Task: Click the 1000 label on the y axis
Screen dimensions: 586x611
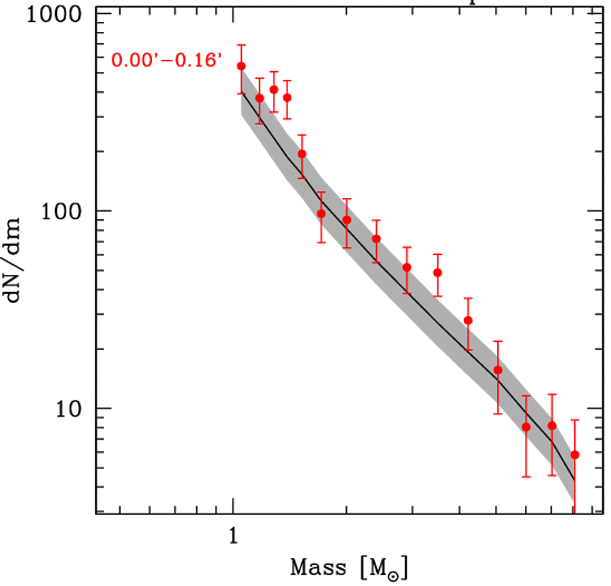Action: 50,14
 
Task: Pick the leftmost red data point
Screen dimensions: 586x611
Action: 242,66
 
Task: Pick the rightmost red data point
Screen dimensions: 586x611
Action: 575,455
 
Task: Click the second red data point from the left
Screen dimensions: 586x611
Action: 260,98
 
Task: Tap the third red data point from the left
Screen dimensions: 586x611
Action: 274,89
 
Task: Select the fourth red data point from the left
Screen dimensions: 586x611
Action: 287,97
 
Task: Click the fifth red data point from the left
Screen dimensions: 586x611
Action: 302,154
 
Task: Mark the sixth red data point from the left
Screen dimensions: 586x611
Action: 321,214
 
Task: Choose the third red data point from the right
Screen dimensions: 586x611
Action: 526,427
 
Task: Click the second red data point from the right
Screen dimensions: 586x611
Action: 552,425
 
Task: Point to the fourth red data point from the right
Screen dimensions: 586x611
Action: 498,370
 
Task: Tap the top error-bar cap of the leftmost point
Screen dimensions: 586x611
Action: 242,45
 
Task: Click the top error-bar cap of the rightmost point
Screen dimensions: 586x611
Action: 575,420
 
